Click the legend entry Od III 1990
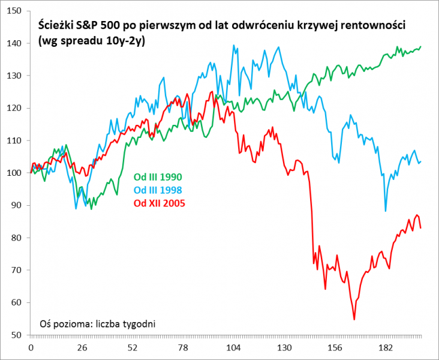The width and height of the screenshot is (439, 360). (x=157, y=177)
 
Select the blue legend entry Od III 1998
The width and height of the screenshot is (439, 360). (x=157, y=190)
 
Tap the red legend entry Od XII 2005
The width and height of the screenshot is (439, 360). (x=158, y=203)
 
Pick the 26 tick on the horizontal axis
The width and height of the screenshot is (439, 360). (x=82, y=348)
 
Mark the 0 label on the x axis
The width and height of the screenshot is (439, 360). (x=31, y=348)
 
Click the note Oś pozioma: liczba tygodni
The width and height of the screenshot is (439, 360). (x=97, y=323)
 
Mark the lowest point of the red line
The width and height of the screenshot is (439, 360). (x=354, y=320)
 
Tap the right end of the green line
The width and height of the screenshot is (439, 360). (x=420, y=46)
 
